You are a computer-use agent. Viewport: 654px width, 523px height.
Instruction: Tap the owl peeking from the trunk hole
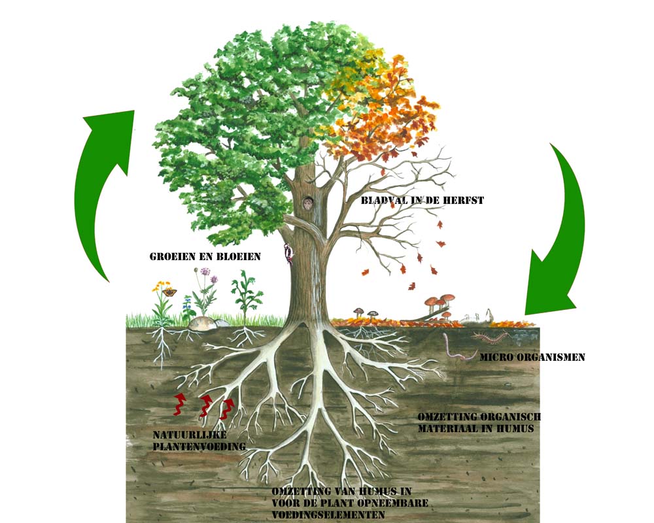pyautogui.click(x=308, y=204)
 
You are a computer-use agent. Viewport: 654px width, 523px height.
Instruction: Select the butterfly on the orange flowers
pyautogui.click(x=169, y=292)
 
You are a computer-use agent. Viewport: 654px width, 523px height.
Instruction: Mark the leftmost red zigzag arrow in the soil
pyautogui.click(x=179, y=404)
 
